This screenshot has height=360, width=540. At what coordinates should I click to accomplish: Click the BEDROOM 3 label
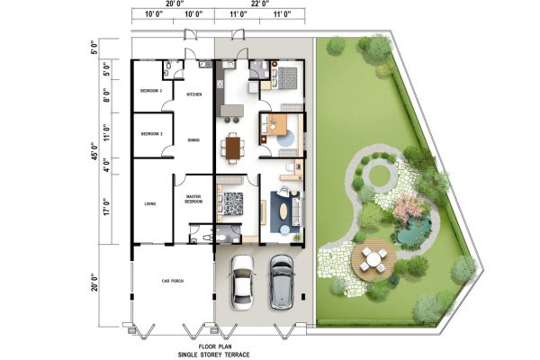point(150,92)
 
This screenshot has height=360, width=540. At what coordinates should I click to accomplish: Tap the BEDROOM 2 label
point(150,134)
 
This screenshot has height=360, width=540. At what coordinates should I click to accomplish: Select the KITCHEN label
point(193,94)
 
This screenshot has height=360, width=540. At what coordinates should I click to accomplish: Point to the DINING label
point(193,139)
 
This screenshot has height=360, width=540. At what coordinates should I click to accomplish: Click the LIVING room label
point(150,204)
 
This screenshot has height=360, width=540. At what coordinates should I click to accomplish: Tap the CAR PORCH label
point(172,282)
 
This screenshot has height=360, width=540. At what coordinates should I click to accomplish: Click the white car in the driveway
point(242,280)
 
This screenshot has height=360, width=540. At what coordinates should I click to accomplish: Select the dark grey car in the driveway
point(282,280)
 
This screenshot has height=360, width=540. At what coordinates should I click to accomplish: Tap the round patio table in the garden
point(375,259)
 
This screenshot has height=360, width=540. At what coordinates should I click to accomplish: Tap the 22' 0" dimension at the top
point(263,5)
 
